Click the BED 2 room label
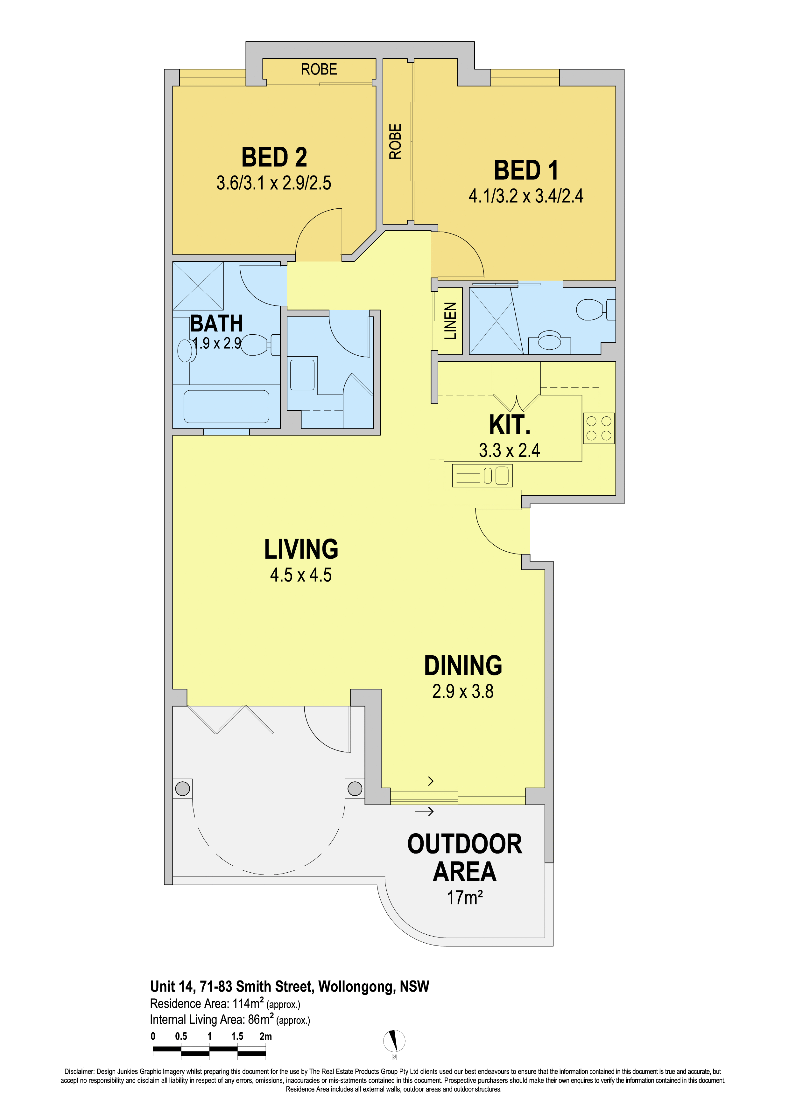[274, 157]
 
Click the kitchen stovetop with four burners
[598, 428]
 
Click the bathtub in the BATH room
[226, 406]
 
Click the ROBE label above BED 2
[319, 69]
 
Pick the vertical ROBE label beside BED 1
[395, 142]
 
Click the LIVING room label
[301, 549]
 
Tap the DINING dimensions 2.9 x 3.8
[463, 691]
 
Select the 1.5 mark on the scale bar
[237, 1036]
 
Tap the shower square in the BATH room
[198, 286]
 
